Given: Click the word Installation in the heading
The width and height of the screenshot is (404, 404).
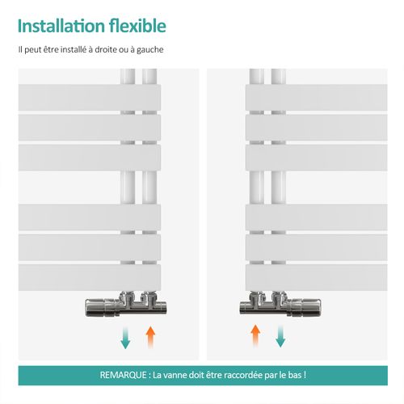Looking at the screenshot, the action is [x=61, y=26].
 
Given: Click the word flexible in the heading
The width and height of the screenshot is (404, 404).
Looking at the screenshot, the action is [x=137, y=26].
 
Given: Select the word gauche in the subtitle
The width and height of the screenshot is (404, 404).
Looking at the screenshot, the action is [x=150, y=50].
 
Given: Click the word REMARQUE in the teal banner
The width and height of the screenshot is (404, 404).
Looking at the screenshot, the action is [x=124, y=375].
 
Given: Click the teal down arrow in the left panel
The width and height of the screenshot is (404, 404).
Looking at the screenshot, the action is [x=125, y=338].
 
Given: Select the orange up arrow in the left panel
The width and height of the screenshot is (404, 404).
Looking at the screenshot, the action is [x=150, y=337].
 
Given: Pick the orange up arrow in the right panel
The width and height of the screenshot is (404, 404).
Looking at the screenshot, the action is [x=255, y=336].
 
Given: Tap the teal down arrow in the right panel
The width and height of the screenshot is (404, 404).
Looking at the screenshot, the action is [x=280, y=336].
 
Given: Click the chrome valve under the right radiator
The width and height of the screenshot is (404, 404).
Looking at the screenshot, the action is [x=280, y=304].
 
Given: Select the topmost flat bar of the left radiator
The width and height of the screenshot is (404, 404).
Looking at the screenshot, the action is [x=90, y=98].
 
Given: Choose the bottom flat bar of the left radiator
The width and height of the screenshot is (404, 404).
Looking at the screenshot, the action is [x=90, y=277].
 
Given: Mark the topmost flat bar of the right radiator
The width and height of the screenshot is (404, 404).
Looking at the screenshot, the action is [x=317, y=98].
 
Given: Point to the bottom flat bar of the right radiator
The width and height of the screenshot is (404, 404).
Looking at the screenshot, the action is [x=317, y=277].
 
